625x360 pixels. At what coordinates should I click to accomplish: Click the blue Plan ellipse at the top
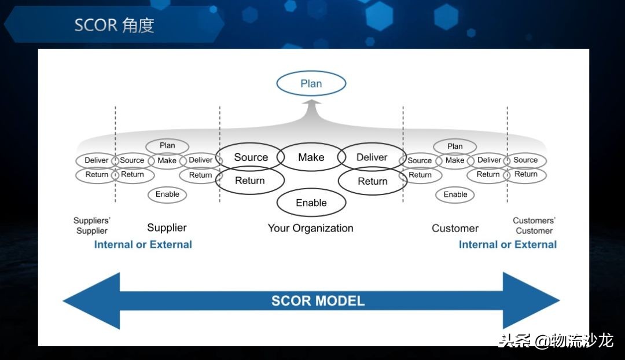(311, 84)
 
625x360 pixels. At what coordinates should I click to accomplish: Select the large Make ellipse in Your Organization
(311, 157)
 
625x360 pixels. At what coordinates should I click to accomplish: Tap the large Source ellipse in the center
(251, 157)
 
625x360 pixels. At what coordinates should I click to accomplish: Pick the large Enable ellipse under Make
(311, 203)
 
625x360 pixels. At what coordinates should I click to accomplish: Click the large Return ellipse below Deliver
(372, 181)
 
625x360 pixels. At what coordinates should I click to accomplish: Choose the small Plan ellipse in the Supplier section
(167, 146)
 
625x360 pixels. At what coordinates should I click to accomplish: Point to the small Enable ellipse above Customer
(455, 194)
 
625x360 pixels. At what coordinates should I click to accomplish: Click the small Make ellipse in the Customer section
(455, 160)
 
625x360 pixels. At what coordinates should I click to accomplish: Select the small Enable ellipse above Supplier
(167, 194)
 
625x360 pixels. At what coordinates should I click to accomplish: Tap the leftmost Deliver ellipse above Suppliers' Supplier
(97, 160)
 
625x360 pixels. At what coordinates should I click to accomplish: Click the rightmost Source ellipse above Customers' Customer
(525, 160)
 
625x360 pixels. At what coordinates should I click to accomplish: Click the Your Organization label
(310, 228)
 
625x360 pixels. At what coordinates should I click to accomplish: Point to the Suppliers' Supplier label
(92, 226)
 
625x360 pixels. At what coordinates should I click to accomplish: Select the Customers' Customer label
(534, 226)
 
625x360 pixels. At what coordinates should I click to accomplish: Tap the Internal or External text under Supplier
(143, 245)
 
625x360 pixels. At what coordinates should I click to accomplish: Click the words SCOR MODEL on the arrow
(318, 301)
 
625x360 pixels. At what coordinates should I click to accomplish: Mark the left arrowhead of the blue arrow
(93, 301)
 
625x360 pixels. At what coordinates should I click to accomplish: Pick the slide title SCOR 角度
(114, 25)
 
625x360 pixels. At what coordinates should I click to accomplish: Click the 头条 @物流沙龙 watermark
(556, 340)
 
